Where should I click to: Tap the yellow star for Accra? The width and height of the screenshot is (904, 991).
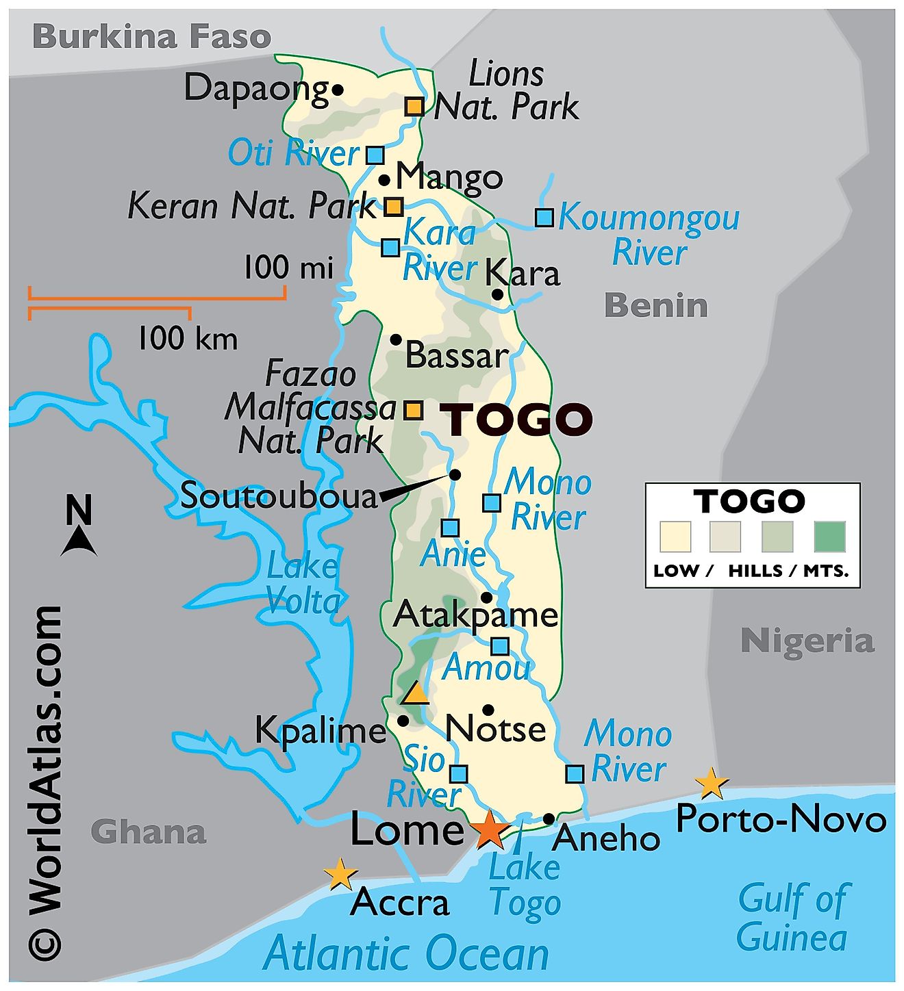pyautogui.click(x=340, y=874)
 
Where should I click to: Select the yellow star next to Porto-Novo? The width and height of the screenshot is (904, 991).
pyautogui.click(x=711, y=783)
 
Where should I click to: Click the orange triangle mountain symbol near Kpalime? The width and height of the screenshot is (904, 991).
pyautogui.click(x=415, y=694)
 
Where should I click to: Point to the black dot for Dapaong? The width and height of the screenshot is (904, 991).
pyautogui.click(x=338, y=89)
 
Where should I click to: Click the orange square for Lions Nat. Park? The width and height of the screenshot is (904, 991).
pyautogui.click(x=414, y=106)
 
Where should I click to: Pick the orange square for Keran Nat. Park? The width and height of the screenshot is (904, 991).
pyautogui.click(x=393, y=206)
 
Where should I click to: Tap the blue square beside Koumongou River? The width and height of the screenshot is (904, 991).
pyautogui.click(x=544, y=217)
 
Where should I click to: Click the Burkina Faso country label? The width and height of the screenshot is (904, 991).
pyautogui.click(x=152, y=36)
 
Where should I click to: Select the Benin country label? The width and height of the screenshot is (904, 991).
pyautogui.click(x=655, y=305)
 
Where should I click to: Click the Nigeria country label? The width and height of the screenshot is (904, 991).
pyautogui.click(x=807, y=641)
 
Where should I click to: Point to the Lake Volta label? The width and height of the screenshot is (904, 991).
pyautogui.click(x=303, y=584)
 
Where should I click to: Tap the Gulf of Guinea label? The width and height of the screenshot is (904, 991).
pyautogui.click(x=792, y=917)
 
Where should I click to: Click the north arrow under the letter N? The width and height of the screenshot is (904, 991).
pyautogui.click(x=79, y=542)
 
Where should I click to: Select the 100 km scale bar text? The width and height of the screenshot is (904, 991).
pyautogui.click(x=188, y=339)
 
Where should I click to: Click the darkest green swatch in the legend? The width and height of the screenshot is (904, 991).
pyautogui.click(x=829, y=537)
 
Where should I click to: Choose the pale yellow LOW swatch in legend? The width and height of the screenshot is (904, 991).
pyautogui.click(x=675, y=537)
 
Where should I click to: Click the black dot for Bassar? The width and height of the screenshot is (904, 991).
pyautogui.click(x=395, y=339)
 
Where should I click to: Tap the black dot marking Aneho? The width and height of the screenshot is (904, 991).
pyautogui.click(x=549, y=819)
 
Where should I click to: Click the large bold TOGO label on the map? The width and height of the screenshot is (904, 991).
pyautogui.click(x=519, y=419)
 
